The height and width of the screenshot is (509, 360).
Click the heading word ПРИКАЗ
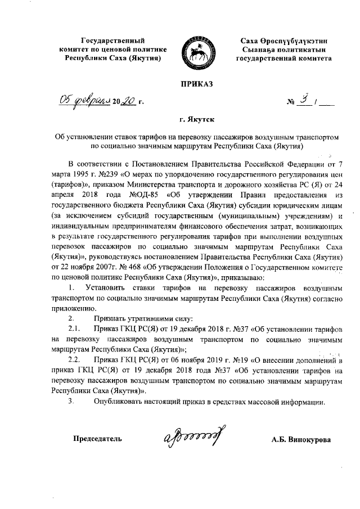[197, 84]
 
